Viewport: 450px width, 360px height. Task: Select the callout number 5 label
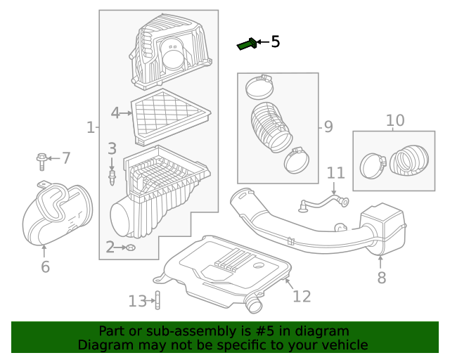pos(275,42)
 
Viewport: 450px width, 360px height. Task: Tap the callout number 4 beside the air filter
pos(116,112)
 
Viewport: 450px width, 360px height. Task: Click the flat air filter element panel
pos(170,114)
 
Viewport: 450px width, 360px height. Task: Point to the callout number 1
pos(90,127)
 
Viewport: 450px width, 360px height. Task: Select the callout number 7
pos(65,158)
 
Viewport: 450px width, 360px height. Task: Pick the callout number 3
pos(112,148)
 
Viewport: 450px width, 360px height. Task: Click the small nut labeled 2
pos(130,247)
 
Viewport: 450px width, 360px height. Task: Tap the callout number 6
pos(45,266)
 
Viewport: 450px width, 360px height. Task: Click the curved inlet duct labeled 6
pos(56,214)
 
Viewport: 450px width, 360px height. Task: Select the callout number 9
pos(328,127)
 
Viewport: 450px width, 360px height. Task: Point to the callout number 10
pos(395,120)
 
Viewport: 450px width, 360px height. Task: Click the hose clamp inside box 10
pos(373,166)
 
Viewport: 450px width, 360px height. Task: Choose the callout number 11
pos(335,173)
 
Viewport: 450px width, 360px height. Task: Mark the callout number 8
pos(381,278)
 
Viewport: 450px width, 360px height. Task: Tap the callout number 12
pos(301,296)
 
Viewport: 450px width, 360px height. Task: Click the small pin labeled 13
pos(158,300)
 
